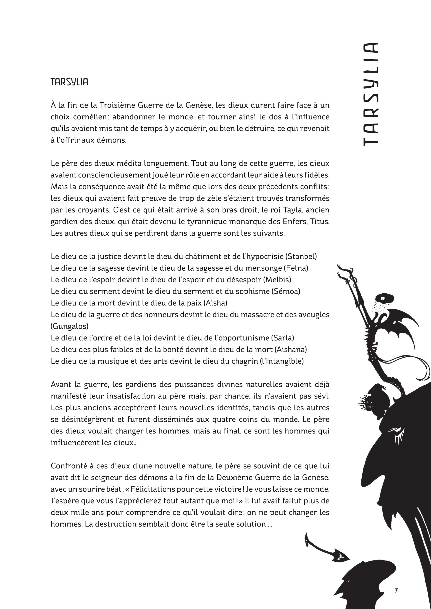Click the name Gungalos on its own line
click(70, 326)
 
